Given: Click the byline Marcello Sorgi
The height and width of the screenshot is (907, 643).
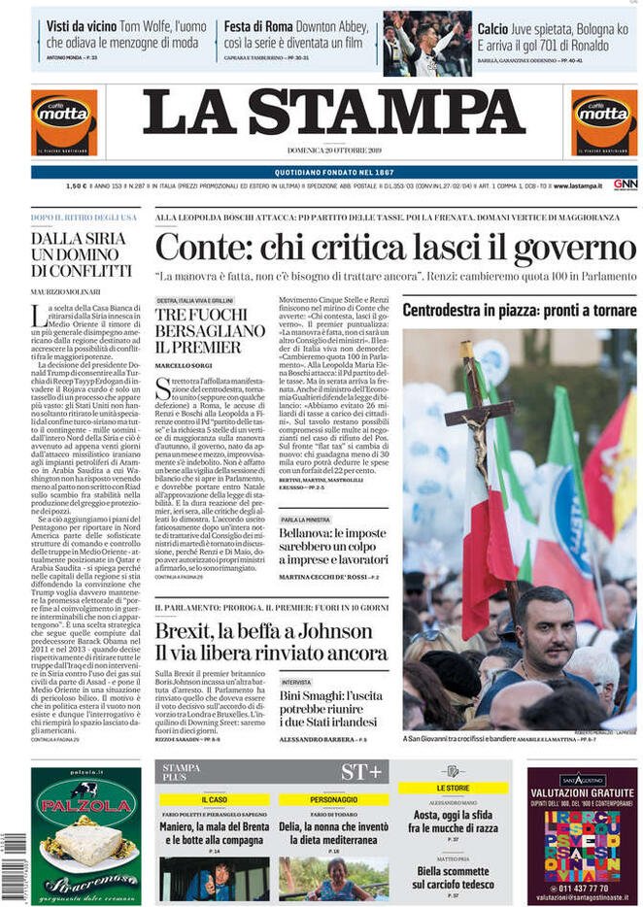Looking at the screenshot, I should [182, 364].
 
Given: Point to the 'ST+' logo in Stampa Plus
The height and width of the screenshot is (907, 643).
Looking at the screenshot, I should [360, 772].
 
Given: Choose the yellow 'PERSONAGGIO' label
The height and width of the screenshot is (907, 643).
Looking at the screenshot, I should [333, 799].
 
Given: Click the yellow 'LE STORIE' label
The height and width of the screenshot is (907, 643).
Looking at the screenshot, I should [453, 788].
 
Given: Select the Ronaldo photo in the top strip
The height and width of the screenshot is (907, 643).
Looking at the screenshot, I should [427, 44].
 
